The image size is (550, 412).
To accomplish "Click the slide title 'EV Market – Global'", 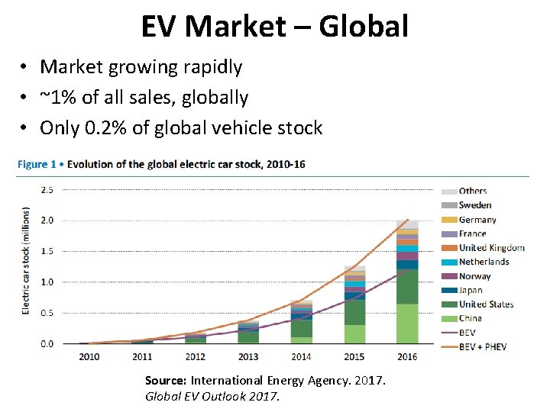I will pyautogui.click(x=275, y=27).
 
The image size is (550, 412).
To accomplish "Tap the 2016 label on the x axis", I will pyautogui.click(x=407, y=356).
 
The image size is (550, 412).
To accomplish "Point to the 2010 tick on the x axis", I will pyautogui.click(x=89, y=356).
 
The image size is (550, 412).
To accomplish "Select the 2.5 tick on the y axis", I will pyautogui.click(x=47, y=190).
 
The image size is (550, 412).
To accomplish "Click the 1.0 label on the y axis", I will pyautogui.click(x=47, y=282).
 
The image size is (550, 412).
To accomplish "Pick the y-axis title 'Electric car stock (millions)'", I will pyautogui.click(x=26, y=260).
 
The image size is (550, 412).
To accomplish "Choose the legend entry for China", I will pyautogui.click(x=470, y=318).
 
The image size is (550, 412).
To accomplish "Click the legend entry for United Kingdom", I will pyautogui.click(x=491, y=248).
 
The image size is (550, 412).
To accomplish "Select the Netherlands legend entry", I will pyautogui.click(x=484, y=262).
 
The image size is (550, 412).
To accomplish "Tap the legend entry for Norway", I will pyautogui.click(x=474, y=276).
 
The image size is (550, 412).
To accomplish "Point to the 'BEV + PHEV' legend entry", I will pyautogui.click(x=482, y=346).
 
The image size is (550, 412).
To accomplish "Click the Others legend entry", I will pyautogui.click(x=472, y=192).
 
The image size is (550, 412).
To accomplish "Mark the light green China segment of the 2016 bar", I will pyautogui.click(x=407, y=324).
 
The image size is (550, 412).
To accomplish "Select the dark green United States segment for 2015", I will pyautogui.click(x=354, y=312).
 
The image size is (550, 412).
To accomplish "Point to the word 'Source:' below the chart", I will pyautogui.click(x=166, y=380).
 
